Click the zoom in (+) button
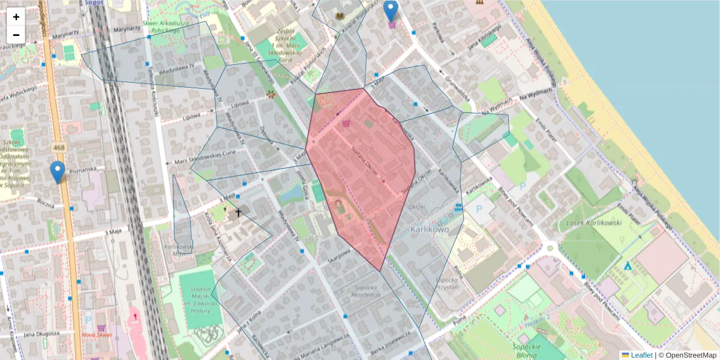click(16, 17)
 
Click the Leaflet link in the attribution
click(641, 355)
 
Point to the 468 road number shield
click(59, 148)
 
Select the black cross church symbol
click(238, 212)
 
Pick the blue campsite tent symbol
click(628, 265)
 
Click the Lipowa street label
click(240, 104)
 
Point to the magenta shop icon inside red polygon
click(346, 124)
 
